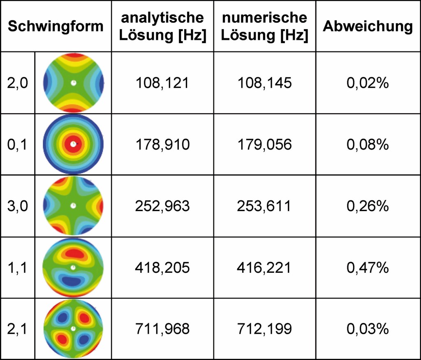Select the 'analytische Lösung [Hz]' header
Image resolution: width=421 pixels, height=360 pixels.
[162, 27]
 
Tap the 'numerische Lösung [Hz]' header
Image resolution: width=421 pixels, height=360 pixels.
[264, 27]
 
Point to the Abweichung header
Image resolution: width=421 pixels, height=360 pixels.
[368, 27]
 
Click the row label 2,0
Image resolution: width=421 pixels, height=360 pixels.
[18, 83]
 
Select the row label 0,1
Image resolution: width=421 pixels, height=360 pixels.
[18, 145]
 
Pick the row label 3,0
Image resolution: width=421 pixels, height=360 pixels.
[18, 206]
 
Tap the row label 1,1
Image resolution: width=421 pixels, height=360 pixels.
[18, 268]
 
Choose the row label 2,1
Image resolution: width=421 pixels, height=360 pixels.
[18, 329]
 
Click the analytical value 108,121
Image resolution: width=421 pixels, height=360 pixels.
[162, 83]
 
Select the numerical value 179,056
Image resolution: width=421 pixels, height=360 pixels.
[264, 145]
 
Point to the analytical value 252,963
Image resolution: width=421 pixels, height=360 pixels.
[162, 206]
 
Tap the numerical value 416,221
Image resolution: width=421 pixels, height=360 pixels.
[264, 268]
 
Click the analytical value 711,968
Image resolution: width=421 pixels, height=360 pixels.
[162, 329]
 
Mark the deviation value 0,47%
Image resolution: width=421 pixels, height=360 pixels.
[368, 268]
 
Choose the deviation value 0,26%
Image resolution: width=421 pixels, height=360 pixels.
[368, 206]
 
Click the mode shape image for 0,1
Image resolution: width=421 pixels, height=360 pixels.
[73, 144]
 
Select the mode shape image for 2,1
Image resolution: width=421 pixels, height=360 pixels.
[73, 329]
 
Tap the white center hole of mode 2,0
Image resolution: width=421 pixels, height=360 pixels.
[73, 83]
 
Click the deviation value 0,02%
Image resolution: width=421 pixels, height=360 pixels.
[368, 83]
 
